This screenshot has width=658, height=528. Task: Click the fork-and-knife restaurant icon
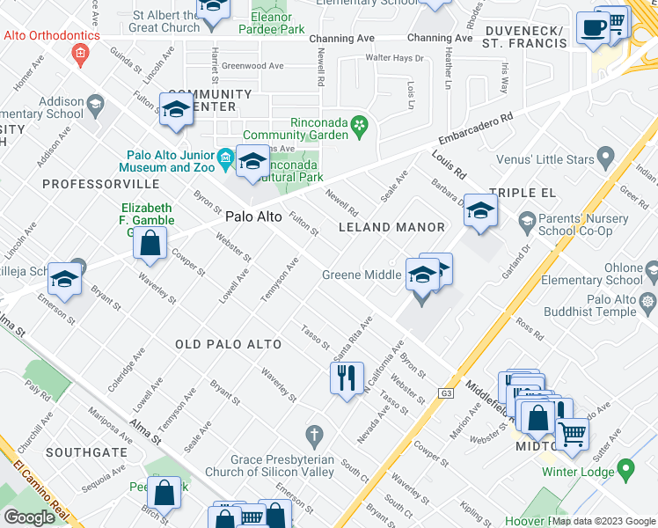point(347,378)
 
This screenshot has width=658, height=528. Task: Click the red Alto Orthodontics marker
point(80,55)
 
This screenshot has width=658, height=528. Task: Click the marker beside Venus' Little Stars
point(604,158)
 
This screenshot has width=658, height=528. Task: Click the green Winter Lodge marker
point(625,470)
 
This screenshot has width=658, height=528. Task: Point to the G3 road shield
point(448,393)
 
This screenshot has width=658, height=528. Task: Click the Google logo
point(29,517)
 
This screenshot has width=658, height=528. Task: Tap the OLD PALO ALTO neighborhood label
point(228,344)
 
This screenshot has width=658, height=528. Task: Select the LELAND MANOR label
point(392,227)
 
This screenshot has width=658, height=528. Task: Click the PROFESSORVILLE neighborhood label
point(100,184)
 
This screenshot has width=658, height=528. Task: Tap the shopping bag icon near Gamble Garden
point(150,242)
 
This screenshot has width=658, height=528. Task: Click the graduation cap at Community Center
point(176,109)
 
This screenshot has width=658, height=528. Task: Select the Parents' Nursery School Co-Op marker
point(527,219)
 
